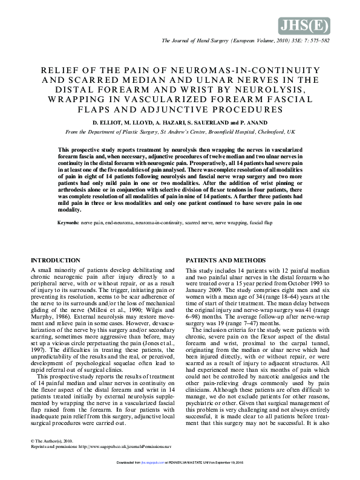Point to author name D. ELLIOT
108,123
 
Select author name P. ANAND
255,123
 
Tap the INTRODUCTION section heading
55,260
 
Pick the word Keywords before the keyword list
68,223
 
